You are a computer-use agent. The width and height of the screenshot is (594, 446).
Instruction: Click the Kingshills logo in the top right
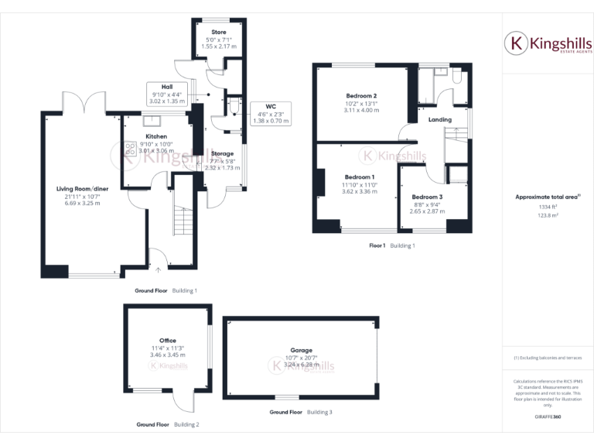pyautogui.click(x=548, y=44)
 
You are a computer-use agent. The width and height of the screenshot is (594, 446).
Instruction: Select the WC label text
pyautogui.click(x=270, y=106)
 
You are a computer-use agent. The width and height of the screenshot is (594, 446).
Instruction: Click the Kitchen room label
pyautogui.click(x=156, y=136)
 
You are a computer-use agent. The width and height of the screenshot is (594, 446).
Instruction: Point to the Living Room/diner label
pyautogui.click(x=83, y=188)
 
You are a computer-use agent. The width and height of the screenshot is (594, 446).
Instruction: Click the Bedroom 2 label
pyautogui.click(x=361, y=95)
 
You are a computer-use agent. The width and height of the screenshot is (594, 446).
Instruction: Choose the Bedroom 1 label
pyautogui.click(x=360, y=177)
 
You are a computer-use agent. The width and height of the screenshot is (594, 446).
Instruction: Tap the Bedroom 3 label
pyautogui.click(x=427, y=197)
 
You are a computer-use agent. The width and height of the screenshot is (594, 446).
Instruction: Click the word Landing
pyautogui.click(x=439, y=120)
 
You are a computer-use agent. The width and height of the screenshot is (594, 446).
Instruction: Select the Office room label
pyautogui.click(x=168, y=340)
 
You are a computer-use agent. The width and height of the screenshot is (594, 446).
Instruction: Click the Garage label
pyautogui.click(x=301, y=350)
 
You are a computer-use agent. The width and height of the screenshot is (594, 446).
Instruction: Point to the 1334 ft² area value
pyautogui.click(x=548, y=207)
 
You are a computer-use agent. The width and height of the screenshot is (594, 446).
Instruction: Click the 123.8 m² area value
pyautogui.click(x=548, y=216)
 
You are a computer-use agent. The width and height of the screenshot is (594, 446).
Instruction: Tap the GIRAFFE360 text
pyautogui.click(x=548, y=417)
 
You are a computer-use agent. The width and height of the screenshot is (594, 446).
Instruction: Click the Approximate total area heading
pyautogui.click(x=546, y=197)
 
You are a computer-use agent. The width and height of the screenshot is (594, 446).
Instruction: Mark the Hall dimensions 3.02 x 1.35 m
pyautogui.click(x=167, y=101)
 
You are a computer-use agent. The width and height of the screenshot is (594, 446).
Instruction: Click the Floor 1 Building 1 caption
pyautogui.click(x=392, y=245)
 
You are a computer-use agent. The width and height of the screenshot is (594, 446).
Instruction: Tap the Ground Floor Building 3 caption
pyautogui.click(x=301, y=412)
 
